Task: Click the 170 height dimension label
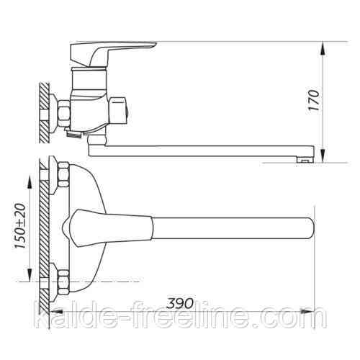315,100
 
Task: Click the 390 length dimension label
180,303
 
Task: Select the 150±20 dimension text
20,226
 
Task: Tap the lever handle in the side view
109,54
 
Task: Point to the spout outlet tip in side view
305,160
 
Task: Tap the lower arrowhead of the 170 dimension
323,155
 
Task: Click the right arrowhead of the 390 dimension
307,312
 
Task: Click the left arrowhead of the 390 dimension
56,312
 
